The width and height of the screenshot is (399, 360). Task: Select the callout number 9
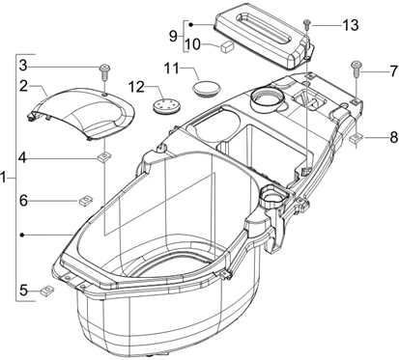(173, 36)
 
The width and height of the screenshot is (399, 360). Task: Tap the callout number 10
(192, 44)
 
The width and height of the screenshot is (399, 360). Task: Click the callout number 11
(172, 69)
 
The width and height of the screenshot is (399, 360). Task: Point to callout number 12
(134, 88)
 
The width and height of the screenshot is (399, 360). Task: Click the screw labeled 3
(102, 69)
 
